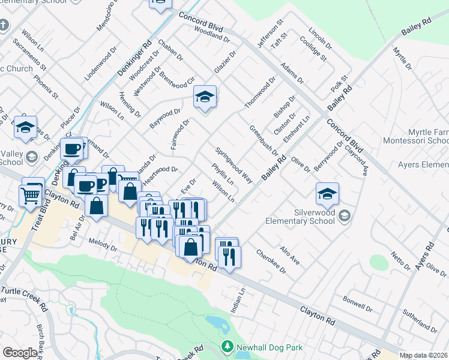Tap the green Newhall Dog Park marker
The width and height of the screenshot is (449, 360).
227,347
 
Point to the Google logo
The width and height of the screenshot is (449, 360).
20,353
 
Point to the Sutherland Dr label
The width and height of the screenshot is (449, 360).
420,321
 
